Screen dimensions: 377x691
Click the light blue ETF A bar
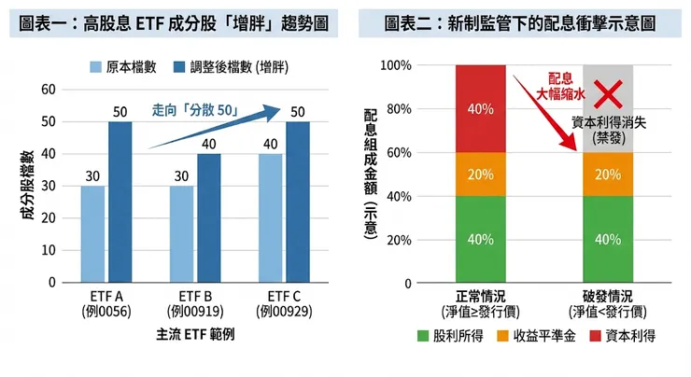92,233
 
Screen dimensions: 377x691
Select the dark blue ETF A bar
120,202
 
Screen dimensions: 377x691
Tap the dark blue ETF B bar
209,217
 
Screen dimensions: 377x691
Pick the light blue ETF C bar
271,217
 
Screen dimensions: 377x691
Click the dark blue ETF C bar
298,202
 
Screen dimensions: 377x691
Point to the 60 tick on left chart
49,90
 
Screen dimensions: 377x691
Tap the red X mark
609,92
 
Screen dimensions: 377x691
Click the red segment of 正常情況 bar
480,108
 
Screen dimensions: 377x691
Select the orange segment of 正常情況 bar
480,174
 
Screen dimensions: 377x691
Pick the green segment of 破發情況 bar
609,239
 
